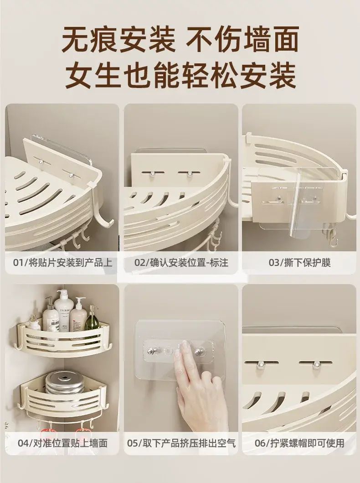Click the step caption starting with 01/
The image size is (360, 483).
[62, 262]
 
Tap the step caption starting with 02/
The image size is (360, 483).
[181, 262]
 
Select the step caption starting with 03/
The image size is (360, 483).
[299, 262]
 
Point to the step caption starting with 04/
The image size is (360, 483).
[62, 443]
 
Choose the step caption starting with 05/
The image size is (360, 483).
[181, 443]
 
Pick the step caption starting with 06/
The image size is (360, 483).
[299, 443]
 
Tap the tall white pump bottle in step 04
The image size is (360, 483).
[64, 311]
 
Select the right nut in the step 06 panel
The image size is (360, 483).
[316, 365]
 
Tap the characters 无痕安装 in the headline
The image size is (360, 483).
[119, 39]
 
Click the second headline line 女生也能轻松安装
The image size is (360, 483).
[180, 75]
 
